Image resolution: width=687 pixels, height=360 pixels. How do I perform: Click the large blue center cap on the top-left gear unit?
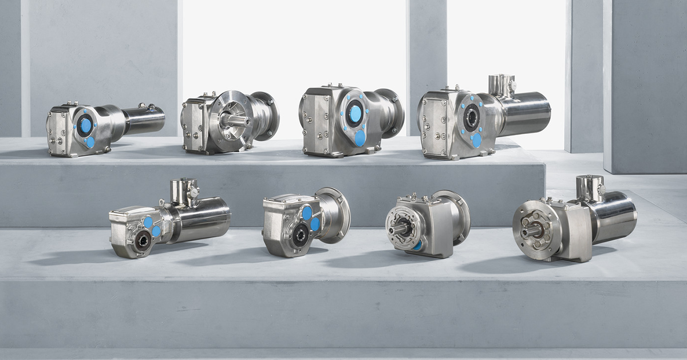86,125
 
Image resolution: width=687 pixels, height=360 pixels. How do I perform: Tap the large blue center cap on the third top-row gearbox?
356,114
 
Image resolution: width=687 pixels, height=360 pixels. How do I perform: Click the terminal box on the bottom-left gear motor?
184,192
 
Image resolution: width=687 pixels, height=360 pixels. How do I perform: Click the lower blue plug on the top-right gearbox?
476,140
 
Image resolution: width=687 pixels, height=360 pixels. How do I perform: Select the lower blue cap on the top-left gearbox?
90,143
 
